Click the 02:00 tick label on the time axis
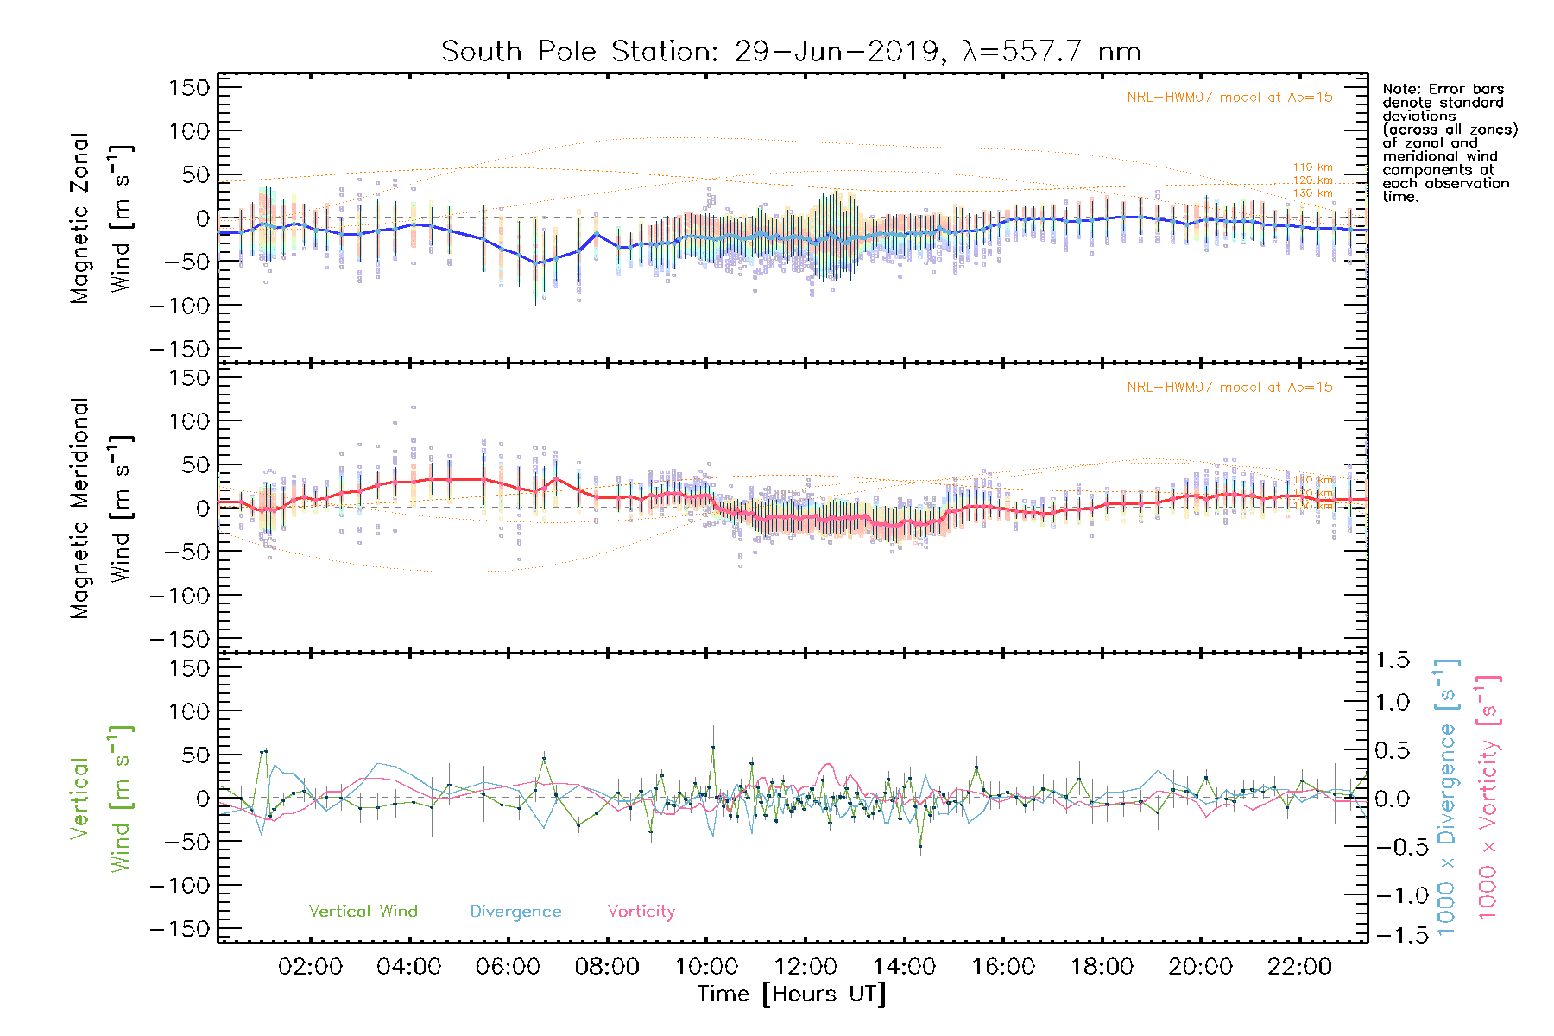tap(310, 967)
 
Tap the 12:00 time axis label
tap(805, 967)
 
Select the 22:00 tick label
tap(1299, 967)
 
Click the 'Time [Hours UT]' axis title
tap(792, 994)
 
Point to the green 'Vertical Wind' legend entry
tap(363, 912)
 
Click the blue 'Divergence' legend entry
tap(515, 912)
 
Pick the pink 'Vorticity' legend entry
tap(641, 912)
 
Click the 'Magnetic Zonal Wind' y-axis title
tap(100, 218)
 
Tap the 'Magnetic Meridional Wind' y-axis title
tap(100, 509)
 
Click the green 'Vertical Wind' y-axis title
tap(100, 799)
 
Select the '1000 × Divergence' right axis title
tap(1447, 799)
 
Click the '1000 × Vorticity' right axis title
tap(1488, 799)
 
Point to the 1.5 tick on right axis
tap(1392, 660)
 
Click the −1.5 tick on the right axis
tap(1392, 935)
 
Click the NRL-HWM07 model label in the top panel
tap(1229, 98)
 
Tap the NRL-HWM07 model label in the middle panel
tap(1229, 388)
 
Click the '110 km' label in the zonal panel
tap(1312, 167)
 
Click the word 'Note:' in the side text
tap(1399, 89)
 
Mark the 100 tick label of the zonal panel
tap(189, 131)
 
